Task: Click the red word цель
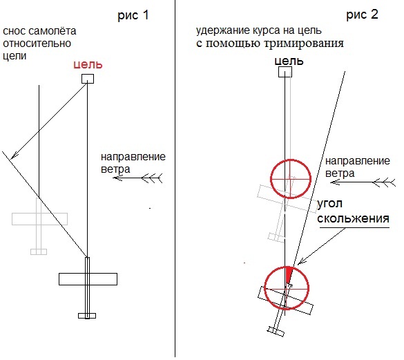click(88, 64)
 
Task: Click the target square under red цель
click(88, 79)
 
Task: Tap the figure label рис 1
click(133, 15)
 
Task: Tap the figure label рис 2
click(362, 15)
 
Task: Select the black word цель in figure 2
click(289, 61)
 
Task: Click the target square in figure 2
click(285, 72)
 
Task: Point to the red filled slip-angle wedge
click(289, 275)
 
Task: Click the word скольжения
click(353, 218)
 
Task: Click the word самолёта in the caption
click(52, 31)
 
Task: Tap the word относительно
click(37, 44)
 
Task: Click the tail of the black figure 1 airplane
click(87, 316)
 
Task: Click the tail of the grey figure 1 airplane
click(39, 252)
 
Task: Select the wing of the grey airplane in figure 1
click(39, 219)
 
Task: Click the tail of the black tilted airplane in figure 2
click(276, 331)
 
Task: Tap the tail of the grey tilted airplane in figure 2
click(276, 237)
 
